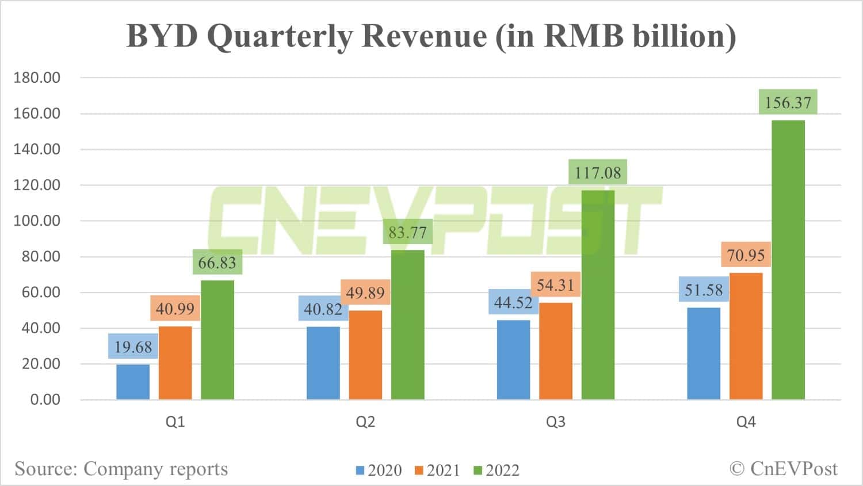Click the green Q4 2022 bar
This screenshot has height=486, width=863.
pos(788,259)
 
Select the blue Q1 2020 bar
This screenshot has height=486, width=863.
pos(133,382)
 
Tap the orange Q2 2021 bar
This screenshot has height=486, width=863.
pos(365,355)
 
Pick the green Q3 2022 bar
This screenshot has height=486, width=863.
pos(598,294)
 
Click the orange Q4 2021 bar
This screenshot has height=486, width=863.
pos(746,336)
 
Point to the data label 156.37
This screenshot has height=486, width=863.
pos(788,102)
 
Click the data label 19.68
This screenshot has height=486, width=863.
pos(133,347)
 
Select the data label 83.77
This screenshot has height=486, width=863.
pos(407,232)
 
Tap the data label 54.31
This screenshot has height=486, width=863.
pos(555,284)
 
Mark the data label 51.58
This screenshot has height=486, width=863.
pos(704,290)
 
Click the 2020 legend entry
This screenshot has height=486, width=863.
pos(379,470)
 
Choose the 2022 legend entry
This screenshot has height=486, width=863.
pos(497,470)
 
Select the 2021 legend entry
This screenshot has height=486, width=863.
pos(438,470)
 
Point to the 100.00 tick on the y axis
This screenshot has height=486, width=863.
pos(37,221)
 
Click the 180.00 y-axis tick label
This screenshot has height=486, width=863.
pos(37,78)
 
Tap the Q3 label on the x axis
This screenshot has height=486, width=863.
pos(555,422)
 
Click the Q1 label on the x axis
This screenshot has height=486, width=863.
pos(175,422)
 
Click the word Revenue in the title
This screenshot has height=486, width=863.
pos(424,36)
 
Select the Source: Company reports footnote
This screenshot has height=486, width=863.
pos(121,469)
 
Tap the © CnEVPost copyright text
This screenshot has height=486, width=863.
pos(784,469)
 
